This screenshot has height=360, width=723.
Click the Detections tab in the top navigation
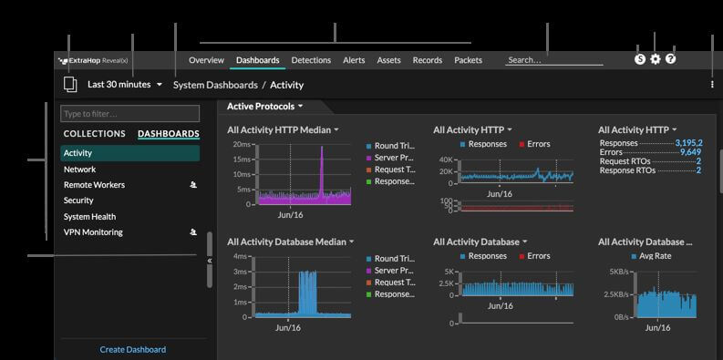click(311, 60)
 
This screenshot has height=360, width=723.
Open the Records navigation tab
click(427, 60)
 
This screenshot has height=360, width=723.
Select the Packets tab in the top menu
click(468, 60)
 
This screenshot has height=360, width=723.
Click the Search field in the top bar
click(553, 60)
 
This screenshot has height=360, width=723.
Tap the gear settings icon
click(655, 59)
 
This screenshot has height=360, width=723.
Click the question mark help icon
click(671, 59)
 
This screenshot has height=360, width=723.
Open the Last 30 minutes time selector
click(125, 85)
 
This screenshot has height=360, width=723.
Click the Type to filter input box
click(129, 114)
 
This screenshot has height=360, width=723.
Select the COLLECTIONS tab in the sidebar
click(95, 134)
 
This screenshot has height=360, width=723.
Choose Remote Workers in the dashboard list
click(94, 185)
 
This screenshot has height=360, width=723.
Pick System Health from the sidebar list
click(89, 217)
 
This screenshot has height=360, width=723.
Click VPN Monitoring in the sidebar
click(93, 232)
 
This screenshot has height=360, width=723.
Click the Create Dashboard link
click(133, 349)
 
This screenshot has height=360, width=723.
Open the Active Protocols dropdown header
click(265, 107)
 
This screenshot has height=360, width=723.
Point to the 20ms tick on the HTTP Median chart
click(242, 144)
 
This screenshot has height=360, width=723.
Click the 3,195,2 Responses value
click(687, 143)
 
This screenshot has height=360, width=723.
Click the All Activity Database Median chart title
click(287, 242)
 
